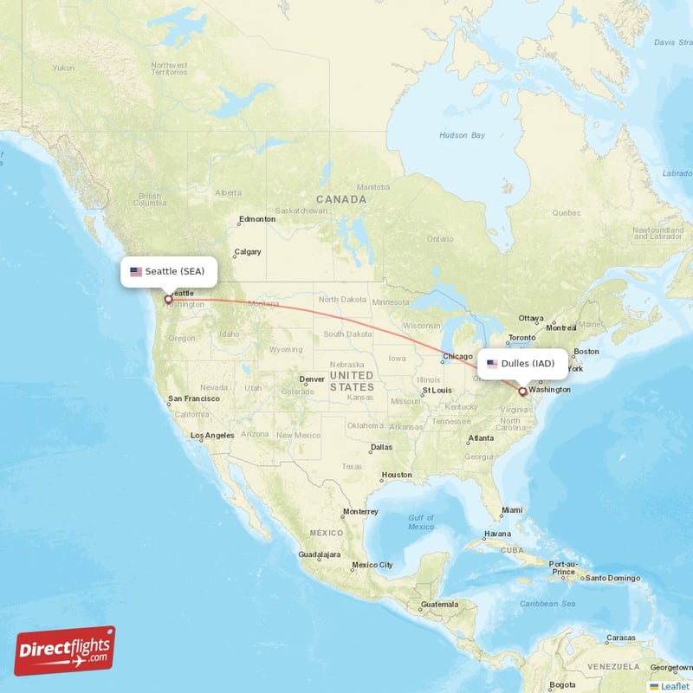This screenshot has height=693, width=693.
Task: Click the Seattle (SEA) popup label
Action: pyautogui.click(x=169, y=271)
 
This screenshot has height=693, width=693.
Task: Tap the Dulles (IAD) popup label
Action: pyautogui.click(x=522, y=363)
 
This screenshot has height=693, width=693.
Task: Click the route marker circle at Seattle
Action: pyautogui.click(x=168, y=300)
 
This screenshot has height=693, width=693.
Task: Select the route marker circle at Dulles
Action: pyautogui.click(x=522, y=392)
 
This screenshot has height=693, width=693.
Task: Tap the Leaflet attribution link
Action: pyautogui.click(x=674, y=686)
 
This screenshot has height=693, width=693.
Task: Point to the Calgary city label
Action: pyautogui.click(x=247, y=252)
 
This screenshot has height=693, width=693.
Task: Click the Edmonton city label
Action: pyautogui.click(x=257, y=219)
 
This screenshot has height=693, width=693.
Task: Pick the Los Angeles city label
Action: pyautogui.click(x=212, y=435)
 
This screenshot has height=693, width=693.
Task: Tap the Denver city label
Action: pyautogui.click(x=312, y=379)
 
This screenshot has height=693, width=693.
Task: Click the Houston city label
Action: pyautogui.click(x=397, y=475)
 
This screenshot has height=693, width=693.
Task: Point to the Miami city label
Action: pyautogui.click(x=512, y=510)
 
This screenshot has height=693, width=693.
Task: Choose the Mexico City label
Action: pyautogui.click(x=372, y=565)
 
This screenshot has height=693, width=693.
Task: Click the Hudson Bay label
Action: pyautogui.click(x=462, y=135)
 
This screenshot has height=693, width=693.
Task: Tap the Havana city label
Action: pyautogui.click(x=497, y=534)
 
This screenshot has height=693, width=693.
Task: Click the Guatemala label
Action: pyautogui.click(x=439, y=604)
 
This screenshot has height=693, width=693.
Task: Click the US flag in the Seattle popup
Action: pyautogui.click(x=136, y=271)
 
